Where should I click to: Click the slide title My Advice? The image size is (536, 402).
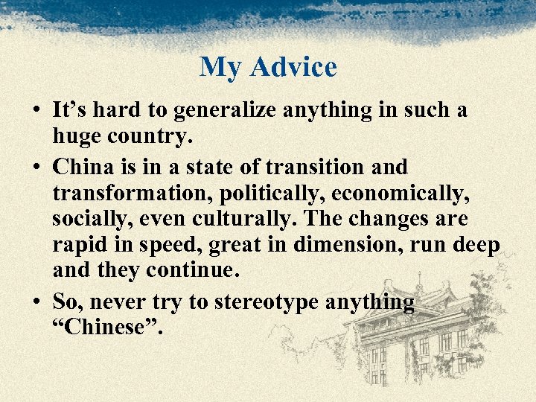pyautogui.click(x=268, y=67)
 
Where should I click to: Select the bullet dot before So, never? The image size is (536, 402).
pyautogui.click(x=36, y=302)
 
